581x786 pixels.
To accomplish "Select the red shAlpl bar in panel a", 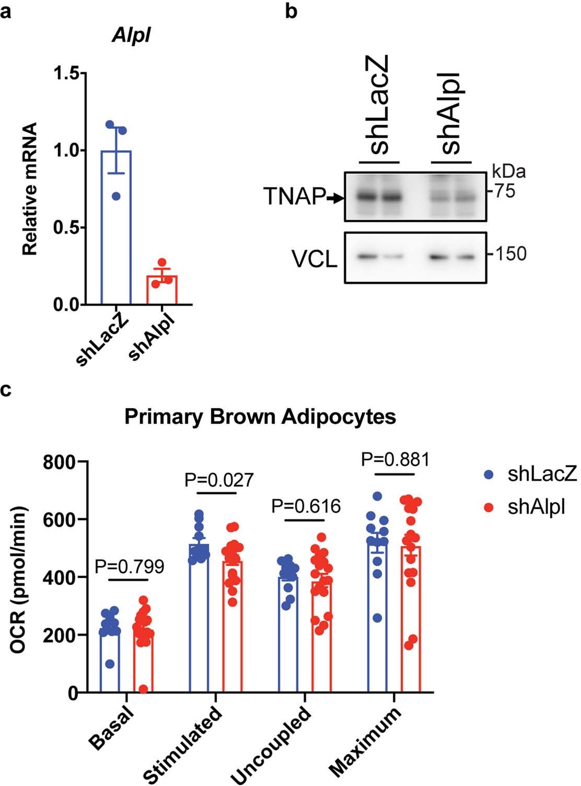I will point(162,290).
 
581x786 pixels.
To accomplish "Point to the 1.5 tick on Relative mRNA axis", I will point(65,74).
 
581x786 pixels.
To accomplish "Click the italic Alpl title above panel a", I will point(133,37).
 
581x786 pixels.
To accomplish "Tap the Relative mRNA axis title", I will point(30,189).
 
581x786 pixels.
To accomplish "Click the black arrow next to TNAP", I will point(334,198).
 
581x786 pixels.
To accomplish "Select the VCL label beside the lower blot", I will point(315,259).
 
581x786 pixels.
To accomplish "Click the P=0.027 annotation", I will point(219,479).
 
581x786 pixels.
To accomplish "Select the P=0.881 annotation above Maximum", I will point(396,459).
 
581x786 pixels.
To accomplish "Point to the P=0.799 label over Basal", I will point(130,565).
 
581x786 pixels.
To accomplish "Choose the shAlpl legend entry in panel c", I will point(525,507).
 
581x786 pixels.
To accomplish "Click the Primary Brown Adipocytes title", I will point(260,417).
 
